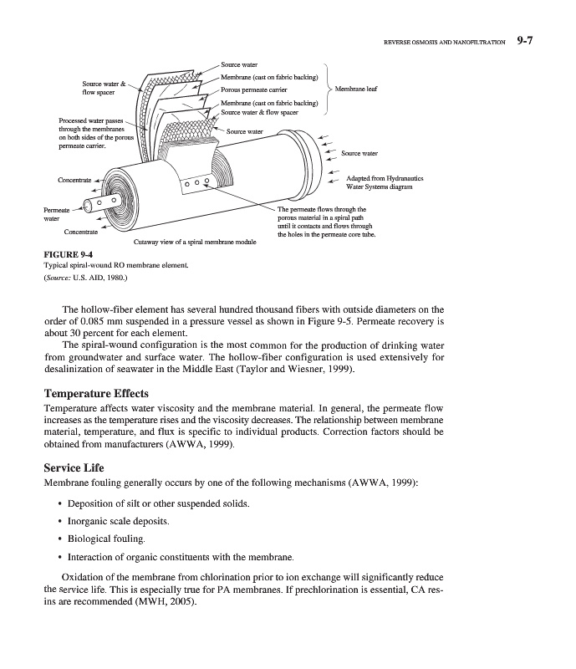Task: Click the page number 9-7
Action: pyautogui.click(x=531, y=39)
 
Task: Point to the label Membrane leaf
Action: pyautogui.click(x=356, y=88)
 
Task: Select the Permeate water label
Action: pyautogui.click(x=55, y=214)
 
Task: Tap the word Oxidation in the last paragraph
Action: pyautogui.click(x=89, y=578)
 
